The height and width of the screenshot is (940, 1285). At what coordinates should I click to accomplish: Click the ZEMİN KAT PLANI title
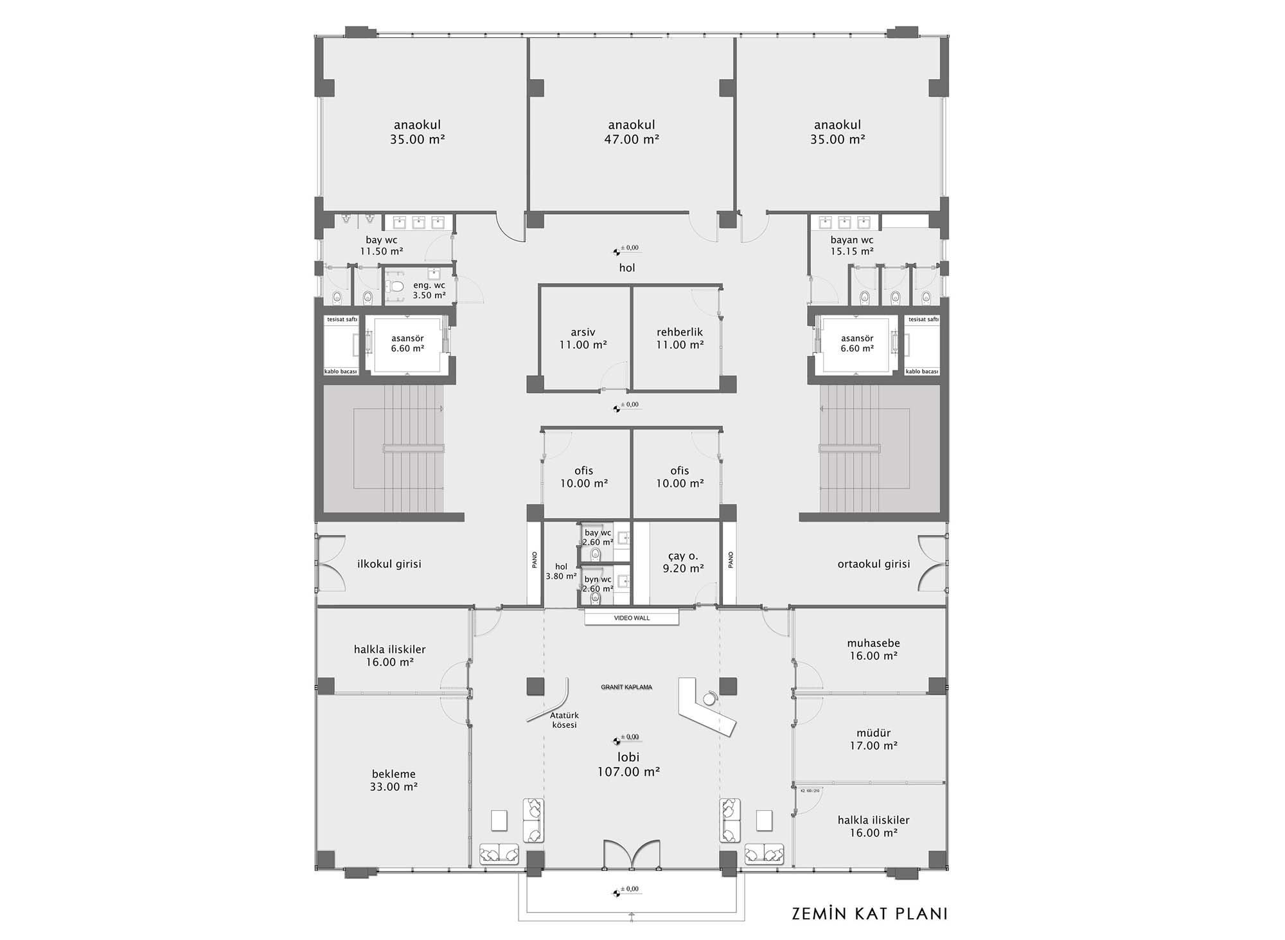click(x=870, y=914)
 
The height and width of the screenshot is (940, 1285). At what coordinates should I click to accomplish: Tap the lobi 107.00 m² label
click(x=628, y=764)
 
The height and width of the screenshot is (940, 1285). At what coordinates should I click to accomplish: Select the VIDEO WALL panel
click(x=632, y=618)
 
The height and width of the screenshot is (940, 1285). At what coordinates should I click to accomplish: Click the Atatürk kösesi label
click(x=564, y=720)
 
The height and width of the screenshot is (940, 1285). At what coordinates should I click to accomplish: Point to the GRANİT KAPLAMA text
click(x=626, y=687)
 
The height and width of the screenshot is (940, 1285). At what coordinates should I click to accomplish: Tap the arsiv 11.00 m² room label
click(x=583, y=338)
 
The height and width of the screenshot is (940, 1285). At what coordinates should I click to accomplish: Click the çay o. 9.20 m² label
click(x=683, y=562)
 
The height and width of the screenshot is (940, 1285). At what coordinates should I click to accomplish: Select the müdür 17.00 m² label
click(x=873, y=739)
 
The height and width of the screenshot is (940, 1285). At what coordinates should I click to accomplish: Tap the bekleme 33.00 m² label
click(x=393, y=781)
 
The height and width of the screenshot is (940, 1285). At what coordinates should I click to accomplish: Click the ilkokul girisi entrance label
click(x=389, y=564)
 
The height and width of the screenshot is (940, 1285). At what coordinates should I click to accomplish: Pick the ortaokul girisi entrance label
click(x=874, y=564)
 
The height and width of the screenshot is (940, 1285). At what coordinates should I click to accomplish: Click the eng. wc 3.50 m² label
click(x=429, y=291)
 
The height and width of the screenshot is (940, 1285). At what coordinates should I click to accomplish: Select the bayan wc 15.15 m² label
click(x=852, y=246)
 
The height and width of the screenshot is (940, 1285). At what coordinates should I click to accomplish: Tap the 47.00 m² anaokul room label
click(x=632, y=132)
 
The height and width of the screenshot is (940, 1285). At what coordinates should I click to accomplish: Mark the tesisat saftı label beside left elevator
click(x=342, y=320)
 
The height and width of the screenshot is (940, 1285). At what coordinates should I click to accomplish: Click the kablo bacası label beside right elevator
click(x=922, y=372)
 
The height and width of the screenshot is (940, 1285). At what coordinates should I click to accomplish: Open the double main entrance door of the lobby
click(x=632, y=854)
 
